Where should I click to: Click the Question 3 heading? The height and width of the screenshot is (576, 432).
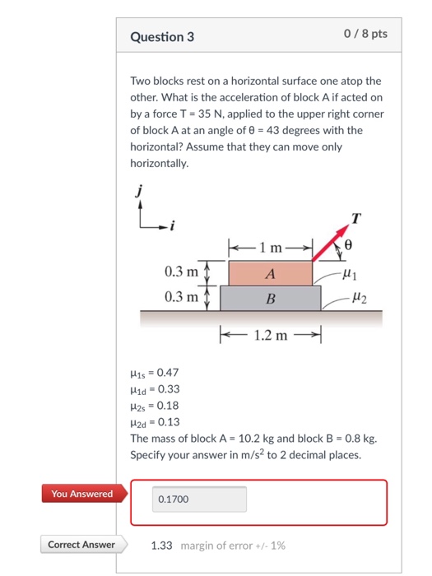tap(163, 37)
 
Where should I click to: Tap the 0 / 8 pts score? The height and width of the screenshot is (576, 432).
tap(363, 35)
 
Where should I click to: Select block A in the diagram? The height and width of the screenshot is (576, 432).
tap(270, 273)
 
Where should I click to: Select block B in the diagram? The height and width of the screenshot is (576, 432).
tap(270, 298)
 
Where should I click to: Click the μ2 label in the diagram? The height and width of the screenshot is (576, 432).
tap(359, 297)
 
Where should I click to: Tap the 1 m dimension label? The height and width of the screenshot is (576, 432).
tap(269, 247)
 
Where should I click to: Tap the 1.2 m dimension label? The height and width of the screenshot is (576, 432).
tap(269, 335)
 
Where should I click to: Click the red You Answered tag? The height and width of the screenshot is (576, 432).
tap(82, 494)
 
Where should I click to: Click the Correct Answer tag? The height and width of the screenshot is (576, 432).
tap(81, 545)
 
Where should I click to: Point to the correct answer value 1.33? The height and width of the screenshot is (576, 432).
tap(161, 545)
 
